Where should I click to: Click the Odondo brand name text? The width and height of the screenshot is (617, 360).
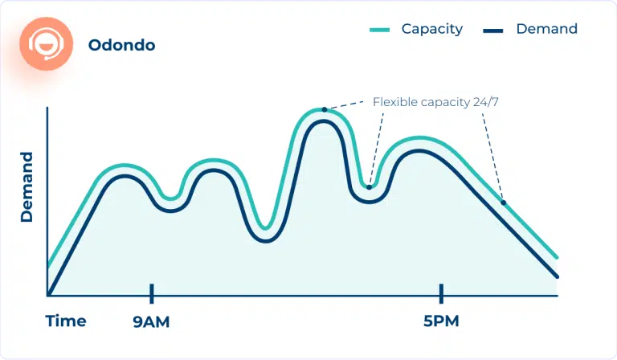tap(121, 46)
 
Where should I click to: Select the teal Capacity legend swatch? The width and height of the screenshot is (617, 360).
tap(379, 30)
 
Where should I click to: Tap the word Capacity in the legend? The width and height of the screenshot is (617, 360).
tap(432, 29)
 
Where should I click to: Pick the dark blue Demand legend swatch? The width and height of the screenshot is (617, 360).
tap(493, 30)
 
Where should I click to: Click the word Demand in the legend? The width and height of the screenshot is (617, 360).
tap(546, 29)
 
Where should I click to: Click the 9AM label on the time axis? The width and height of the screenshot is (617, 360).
tap(151, 322)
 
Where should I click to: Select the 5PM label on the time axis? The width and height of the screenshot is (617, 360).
tap(441, 322)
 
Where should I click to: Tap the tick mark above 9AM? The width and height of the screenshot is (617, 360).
tap(151, 293)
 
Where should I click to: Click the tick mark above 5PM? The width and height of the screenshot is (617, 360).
tap(441, 293)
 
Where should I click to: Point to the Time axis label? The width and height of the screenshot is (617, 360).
tap(66, 321)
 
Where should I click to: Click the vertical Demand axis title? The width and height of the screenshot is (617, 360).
tap(27, 186)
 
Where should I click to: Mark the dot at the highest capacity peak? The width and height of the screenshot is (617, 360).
tap(324, 108)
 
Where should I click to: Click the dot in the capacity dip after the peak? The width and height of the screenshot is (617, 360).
tap(369, 186)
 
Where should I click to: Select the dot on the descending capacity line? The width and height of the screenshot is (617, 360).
tap(504, 202)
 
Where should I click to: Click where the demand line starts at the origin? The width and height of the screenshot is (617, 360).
tap(49, 295)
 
